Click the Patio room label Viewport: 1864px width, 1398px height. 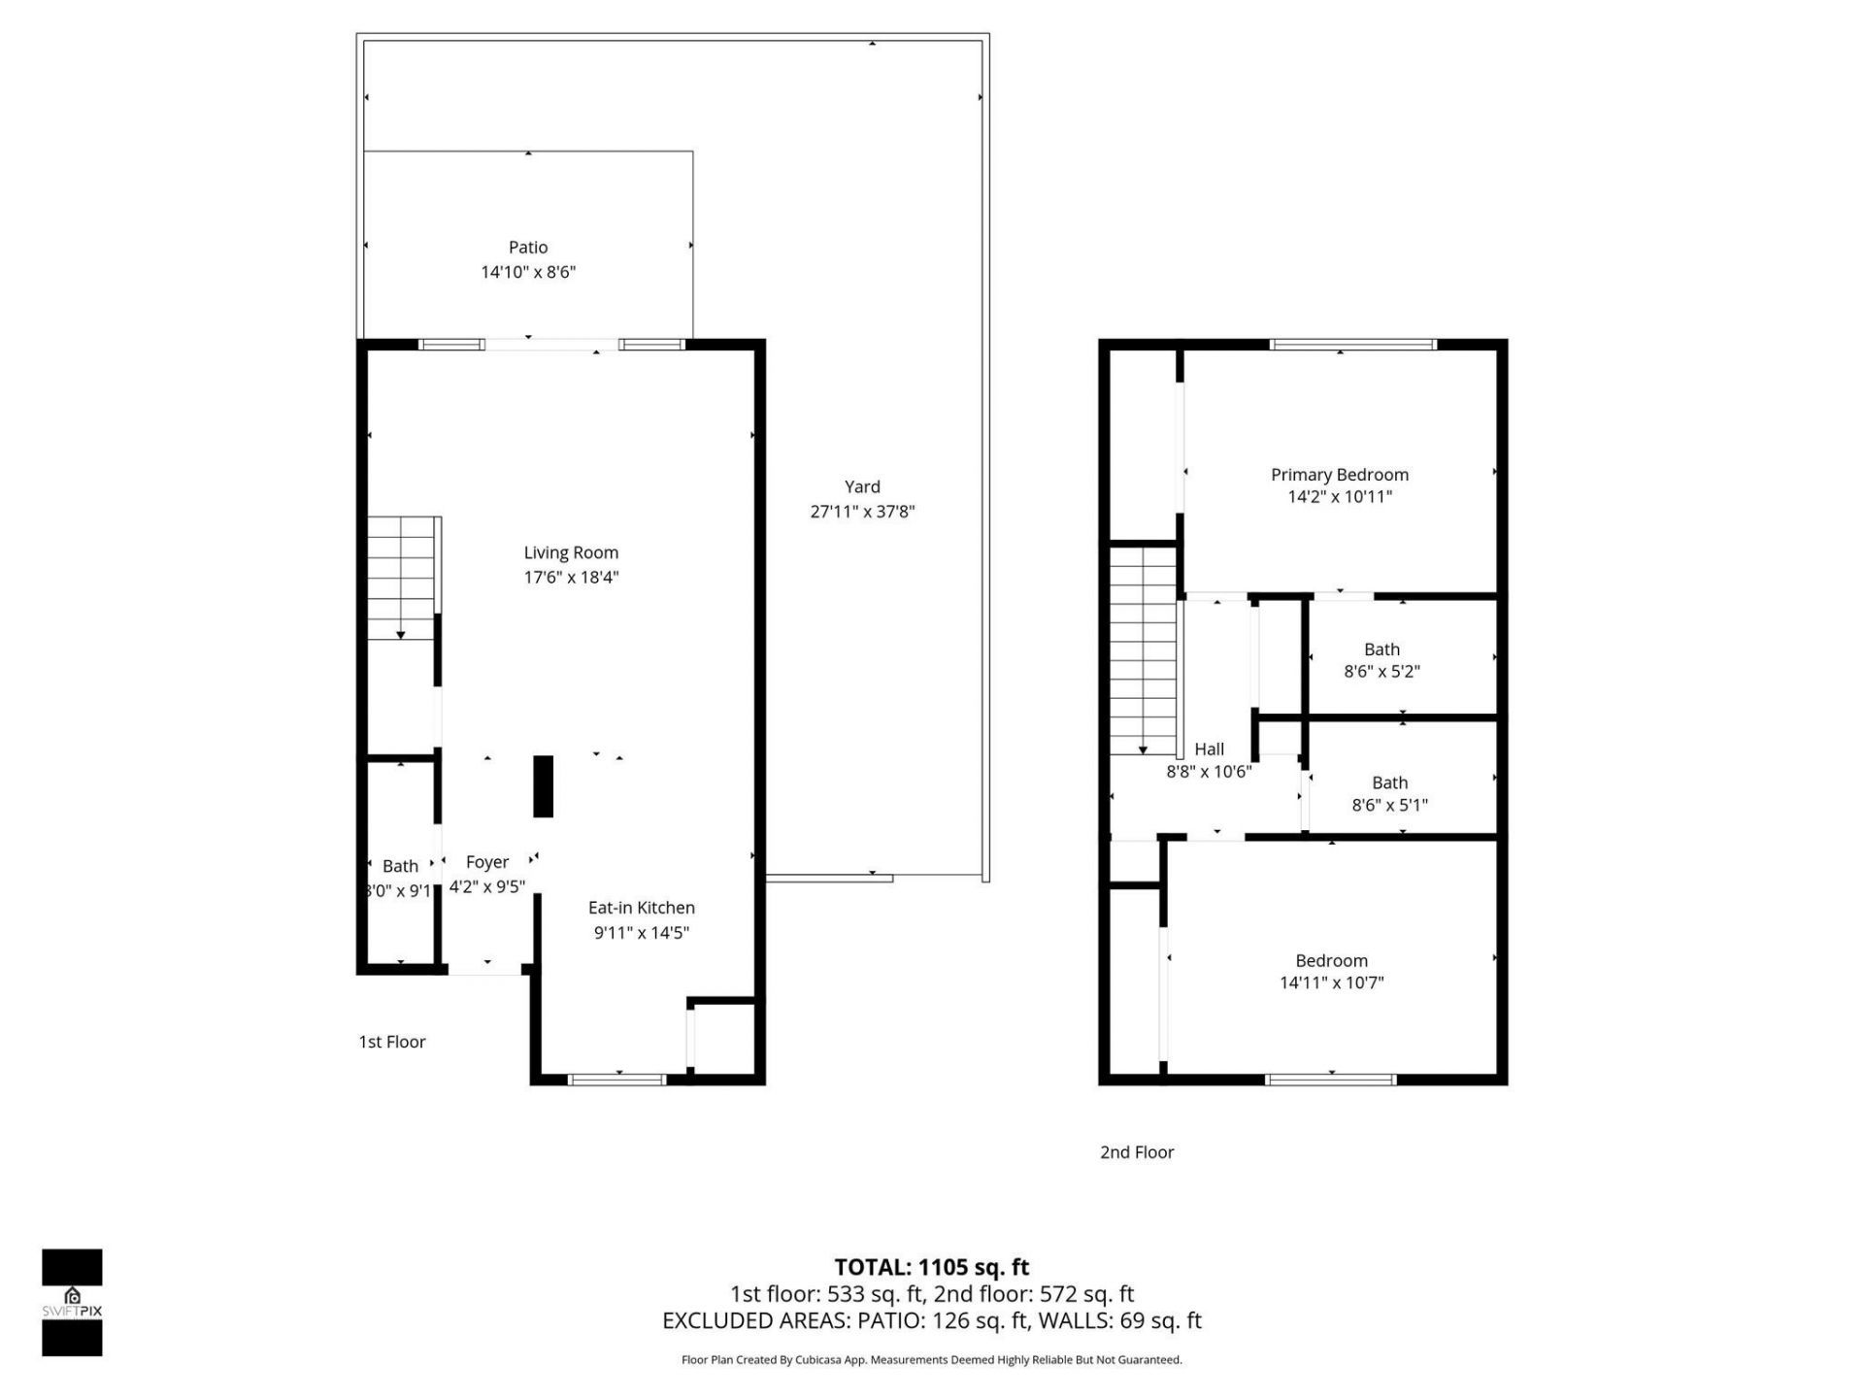(x=528, y=248)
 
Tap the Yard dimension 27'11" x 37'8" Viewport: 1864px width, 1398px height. (x=862, y=512)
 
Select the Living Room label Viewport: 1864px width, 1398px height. (x=571, y=552)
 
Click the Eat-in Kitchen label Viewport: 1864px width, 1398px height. (x=641, y=908)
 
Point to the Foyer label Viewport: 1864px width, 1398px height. (x=486, y=862)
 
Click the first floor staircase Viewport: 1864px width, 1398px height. (x=401, y=578)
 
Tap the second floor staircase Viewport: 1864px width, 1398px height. (x=1143, y=650)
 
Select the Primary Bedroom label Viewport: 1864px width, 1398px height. (x=1339, y=475)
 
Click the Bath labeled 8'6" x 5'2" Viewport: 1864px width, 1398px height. (x=1381, y=660)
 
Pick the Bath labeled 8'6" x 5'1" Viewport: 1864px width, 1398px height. (x=1389, y=793)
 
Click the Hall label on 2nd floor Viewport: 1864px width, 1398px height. (x=1209, y=749)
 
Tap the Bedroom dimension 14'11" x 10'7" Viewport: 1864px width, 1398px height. (x=1331, y=982)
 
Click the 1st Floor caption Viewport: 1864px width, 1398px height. (x=392, y=1042)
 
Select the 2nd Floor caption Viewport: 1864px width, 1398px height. (x=1137, y=1152)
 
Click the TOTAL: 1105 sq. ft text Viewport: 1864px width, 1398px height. (x=931, y=1267)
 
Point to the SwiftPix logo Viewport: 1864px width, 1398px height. (x=72, y=1302)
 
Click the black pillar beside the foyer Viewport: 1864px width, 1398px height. (x=544, y=786)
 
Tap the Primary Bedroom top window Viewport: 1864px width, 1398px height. (x=1353, y=345)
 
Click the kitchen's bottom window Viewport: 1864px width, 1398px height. (x=616, y=1079)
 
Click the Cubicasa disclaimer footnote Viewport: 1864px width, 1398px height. (x=931, y=1360)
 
